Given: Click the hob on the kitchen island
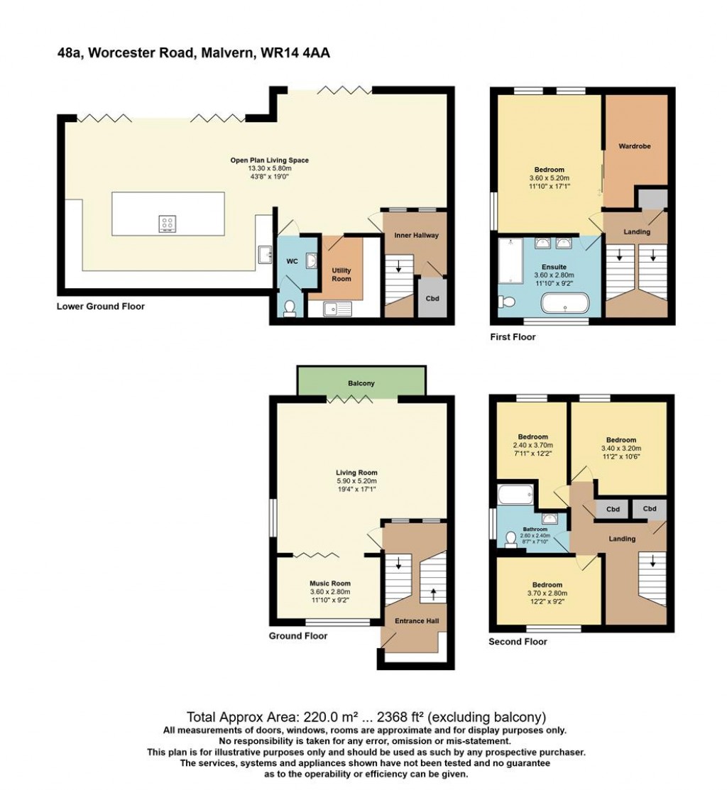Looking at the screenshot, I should pos(168,224).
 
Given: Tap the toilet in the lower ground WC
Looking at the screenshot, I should pos(289,307).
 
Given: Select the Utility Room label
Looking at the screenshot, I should pos(341,275).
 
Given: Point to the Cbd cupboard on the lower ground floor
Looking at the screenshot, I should pos(432,298).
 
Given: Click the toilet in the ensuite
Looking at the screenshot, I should pos(508,302).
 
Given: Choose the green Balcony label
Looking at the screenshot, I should pos(361,383).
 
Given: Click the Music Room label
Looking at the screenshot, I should pos(330,583).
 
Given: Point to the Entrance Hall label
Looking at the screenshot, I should pos(417,621).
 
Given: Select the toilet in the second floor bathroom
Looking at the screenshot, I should pos(510,540).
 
